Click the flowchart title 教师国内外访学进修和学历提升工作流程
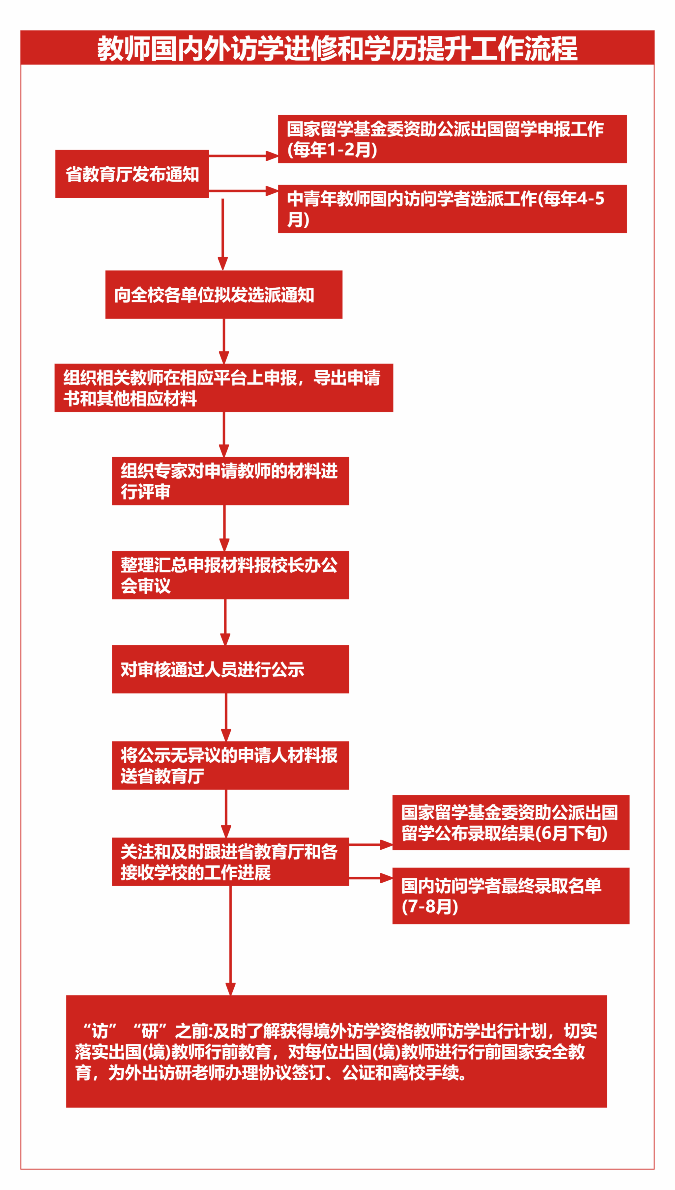point(337,48)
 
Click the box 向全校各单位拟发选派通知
point(223,295)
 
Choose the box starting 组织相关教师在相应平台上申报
point(223,388)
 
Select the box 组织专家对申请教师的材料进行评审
point(230,481)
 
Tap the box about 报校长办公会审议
point(230,575)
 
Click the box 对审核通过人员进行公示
point(230,669)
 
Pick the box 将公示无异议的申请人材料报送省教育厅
point(230,766)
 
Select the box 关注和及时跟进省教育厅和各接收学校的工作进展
point(230,862)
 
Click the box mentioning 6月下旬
point(511,823)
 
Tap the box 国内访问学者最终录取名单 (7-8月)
point(511,896)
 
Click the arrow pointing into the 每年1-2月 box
point(243,156)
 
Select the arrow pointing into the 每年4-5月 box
point(243,191)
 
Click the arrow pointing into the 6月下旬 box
point(371,845)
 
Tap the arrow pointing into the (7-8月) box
point(371,878)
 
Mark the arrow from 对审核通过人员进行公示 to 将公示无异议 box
point(226,717)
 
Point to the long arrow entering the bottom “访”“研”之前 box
point(230,941)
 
